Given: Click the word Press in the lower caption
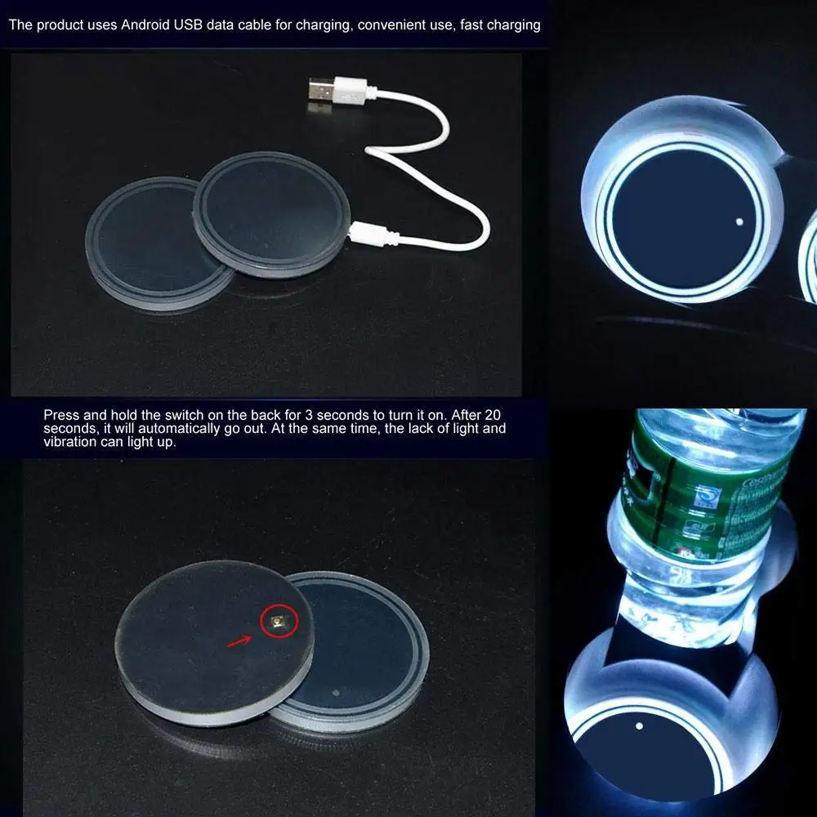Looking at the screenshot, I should [x=61, y=415].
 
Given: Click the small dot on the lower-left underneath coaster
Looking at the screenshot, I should [x=336, y=693].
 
